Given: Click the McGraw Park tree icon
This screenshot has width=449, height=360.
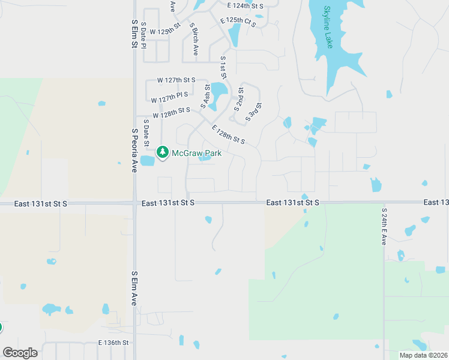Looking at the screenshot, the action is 162,152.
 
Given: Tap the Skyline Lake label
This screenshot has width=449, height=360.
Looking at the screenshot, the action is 328,27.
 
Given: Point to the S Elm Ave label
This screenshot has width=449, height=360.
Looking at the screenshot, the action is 134,288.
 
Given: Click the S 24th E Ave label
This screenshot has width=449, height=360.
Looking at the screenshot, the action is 384,226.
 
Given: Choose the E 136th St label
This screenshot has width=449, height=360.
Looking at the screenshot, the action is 114,343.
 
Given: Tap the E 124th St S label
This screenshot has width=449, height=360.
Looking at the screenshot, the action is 246,5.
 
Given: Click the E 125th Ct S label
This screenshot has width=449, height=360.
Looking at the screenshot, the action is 238,22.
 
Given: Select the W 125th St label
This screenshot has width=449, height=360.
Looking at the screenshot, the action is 165,31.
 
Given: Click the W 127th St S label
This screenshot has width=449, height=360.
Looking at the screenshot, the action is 176,80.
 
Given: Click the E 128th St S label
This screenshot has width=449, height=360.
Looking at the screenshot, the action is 228,134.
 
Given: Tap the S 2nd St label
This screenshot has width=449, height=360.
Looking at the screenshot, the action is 239,98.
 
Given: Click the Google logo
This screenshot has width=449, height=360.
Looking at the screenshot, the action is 20,353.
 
